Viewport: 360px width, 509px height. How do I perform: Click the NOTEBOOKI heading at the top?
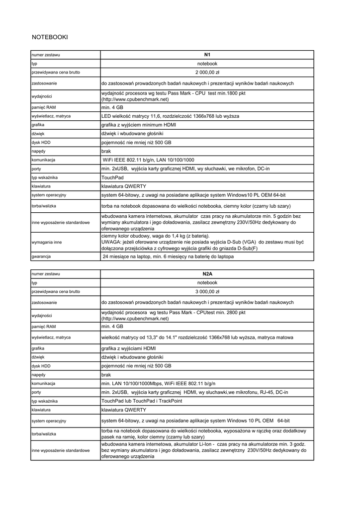50,37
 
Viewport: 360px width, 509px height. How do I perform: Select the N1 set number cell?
207,55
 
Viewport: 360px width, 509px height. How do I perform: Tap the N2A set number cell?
207,274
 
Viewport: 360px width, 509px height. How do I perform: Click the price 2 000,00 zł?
207,73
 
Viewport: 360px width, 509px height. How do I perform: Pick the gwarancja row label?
42,257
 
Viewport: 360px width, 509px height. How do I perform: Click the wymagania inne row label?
47,242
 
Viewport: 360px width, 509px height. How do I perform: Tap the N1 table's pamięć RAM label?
44,107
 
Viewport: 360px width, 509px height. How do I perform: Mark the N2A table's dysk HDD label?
41,366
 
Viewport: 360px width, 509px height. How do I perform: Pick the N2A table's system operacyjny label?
49,421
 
